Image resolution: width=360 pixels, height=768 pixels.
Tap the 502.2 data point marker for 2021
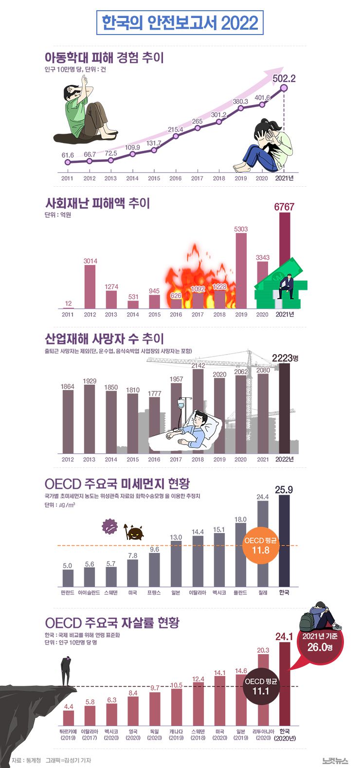click(284, 88)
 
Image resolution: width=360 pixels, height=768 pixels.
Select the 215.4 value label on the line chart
click(175, 130)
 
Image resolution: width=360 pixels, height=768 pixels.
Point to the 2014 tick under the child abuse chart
click(132, 179)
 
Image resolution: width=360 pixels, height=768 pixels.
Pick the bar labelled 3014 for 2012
click(90, 287)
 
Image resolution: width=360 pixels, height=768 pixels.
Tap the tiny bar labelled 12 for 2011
click(68, 307)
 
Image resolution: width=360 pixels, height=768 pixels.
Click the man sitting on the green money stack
click(286, 286)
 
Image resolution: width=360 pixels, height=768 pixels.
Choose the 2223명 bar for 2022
click(284, 409)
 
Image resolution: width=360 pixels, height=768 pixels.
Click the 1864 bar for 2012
click(68, 421)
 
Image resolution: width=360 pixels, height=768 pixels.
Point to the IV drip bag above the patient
click(180, 403)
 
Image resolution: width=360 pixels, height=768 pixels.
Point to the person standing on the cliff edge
click(66, 671)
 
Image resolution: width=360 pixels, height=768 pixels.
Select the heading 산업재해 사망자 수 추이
click(104, 339)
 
